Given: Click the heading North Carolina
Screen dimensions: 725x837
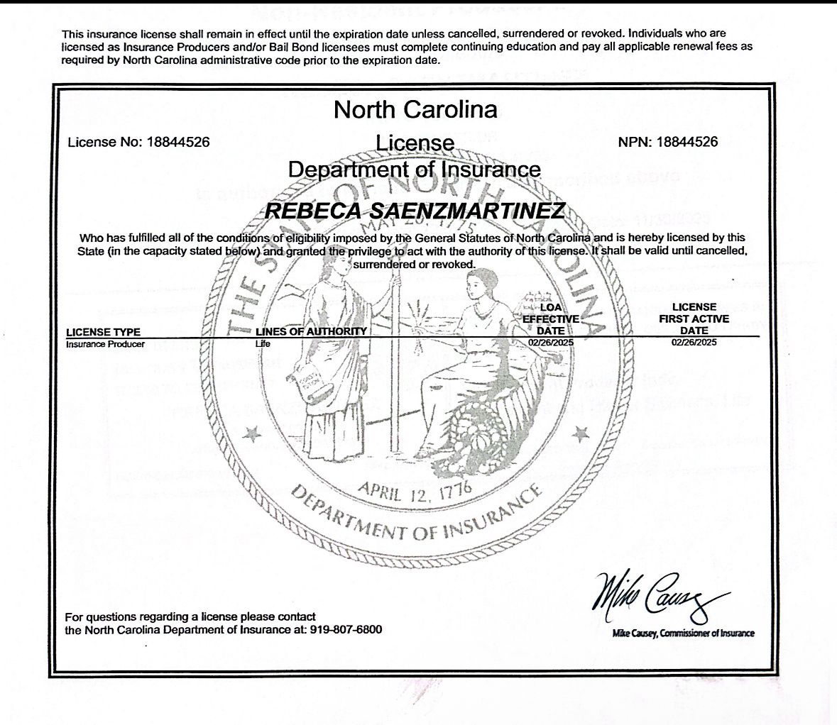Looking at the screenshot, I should click(x=415, y=110).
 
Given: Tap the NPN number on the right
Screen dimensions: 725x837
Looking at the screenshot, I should click(x=686, y=142).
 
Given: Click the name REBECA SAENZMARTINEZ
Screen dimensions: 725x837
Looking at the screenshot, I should click(x=415, y=211).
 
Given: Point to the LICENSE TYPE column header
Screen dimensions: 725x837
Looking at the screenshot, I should click(x=103, y=332).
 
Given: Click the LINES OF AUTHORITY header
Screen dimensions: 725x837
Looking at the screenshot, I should click(x=311, y=331).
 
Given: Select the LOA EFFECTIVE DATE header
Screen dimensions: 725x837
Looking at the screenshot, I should click(x=551, y=319).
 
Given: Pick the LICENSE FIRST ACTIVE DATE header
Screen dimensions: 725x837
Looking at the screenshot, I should click(x=694, y=319).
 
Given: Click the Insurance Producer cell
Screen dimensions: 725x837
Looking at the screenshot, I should click(x=105, y=344).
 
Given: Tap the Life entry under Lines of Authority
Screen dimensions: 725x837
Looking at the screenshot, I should click(x=263, y=344).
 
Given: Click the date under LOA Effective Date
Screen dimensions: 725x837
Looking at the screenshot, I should click(x=550, y=343).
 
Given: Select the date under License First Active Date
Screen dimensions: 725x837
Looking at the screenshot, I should click(x=694, y=343).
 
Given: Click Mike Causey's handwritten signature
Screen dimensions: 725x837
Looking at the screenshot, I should click(x=657, y=599).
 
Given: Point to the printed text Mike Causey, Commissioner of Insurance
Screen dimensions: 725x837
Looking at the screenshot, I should click(x=683, y=633).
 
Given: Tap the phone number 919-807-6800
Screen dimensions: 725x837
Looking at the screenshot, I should click(x=346, y=630).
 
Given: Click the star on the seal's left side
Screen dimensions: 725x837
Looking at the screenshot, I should click(x=249, y=432).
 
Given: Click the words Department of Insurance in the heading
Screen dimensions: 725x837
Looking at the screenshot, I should click(x=415, y=170).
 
